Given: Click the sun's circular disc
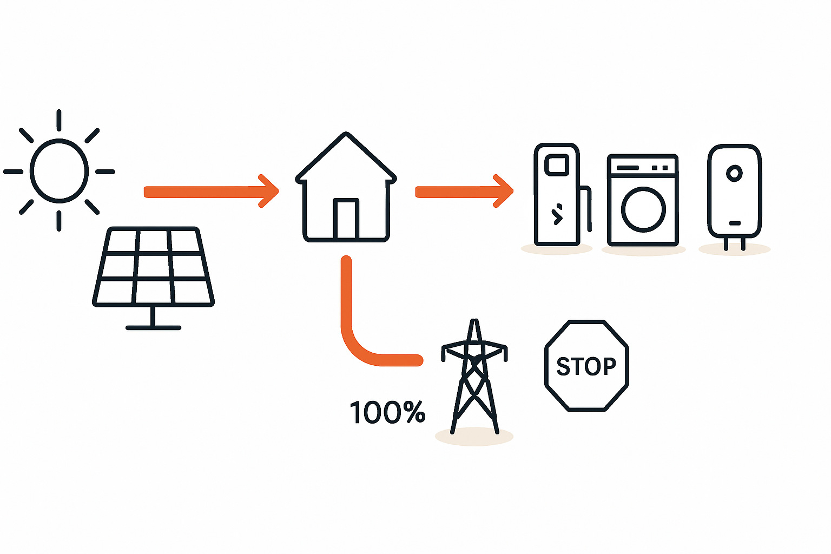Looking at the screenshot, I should (x=59, y=170).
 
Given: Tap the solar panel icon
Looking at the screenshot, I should (x=153, y=267).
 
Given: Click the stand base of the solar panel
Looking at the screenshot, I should (x=153, y=327).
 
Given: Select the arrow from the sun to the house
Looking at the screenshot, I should (x=211, y=192).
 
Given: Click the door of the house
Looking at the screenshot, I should (x=346, y=219).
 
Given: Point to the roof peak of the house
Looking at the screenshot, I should (x=346, y=135).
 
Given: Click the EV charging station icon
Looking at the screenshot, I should (x=557, y=195).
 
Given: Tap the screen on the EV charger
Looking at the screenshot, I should (x=557, y=164).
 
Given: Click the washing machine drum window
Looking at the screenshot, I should (x=643, y=209).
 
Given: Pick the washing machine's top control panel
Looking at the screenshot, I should (x=643, y=167).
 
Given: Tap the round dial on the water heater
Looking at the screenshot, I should (x=734, y=174).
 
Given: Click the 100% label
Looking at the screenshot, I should (x=387, y=412).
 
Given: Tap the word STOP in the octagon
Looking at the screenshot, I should (x=586, y=366).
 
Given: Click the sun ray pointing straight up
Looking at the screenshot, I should (x=59, y=120).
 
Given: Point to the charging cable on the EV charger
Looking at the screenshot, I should (x=587, y=208).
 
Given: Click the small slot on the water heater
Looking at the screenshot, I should (x=734, y=223).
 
